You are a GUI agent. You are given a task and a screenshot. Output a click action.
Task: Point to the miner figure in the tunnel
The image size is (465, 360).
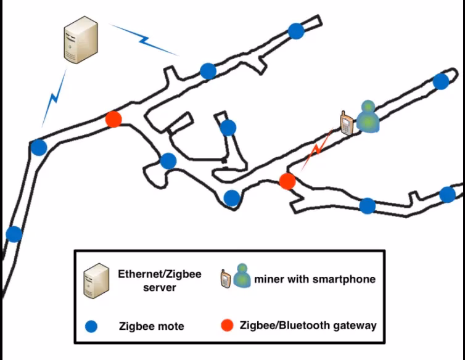click(x=368, y=116)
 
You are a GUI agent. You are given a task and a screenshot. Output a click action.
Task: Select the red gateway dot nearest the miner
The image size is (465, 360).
click(x=287, y=181)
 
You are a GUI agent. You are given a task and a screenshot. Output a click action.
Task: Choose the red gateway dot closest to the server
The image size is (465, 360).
click(x=113, y=119)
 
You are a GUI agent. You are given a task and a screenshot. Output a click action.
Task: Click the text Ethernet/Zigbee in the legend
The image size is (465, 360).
click(x=160, y=274)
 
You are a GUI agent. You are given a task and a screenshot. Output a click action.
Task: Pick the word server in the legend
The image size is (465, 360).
click(x=160, y=287)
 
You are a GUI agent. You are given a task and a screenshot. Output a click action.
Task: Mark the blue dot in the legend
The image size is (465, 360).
click(x=92, y=325)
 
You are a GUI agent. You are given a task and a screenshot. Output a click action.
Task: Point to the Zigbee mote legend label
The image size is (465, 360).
click(x=151, y=326)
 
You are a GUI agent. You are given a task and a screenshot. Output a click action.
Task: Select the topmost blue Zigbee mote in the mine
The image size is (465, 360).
click(x=297, y=30)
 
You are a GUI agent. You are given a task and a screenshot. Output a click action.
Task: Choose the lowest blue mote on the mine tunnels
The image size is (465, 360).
click(x=14, y=234)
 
